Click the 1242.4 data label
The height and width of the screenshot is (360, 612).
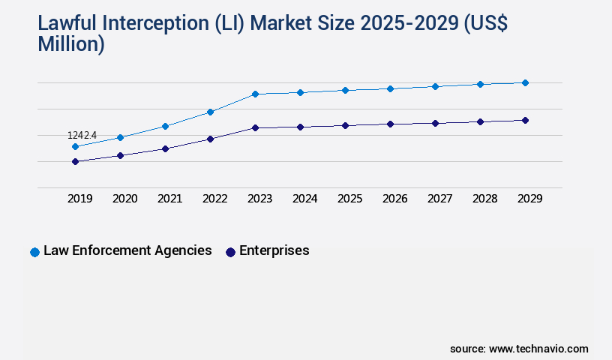point(82,135)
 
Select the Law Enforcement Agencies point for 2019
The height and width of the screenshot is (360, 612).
point(75,147)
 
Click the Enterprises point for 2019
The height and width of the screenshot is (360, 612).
point(75,161)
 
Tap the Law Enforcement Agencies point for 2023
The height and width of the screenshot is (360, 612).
point(255,94)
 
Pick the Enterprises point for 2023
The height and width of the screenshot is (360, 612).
point(255,127)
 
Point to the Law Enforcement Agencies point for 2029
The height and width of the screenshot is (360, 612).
point(525,82)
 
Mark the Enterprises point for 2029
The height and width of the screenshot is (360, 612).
point(525,120)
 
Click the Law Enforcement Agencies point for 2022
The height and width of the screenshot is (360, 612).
point(210,112)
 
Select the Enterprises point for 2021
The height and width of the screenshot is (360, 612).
point(165,148)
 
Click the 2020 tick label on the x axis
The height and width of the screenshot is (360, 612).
point(124,199)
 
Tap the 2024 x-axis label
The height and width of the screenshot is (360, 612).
point(304,199)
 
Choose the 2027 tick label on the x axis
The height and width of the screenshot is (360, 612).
point(439,199)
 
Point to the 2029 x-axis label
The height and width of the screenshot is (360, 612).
point(529,199)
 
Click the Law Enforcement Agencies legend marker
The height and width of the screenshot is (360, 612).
point(34,252)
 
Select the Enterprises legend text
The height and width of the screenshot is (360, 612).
point(274,250)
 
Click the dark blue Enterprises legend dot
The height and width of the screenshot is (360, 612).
point(230,252)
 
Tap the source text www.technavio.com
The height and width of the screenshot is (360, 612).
point(538,349)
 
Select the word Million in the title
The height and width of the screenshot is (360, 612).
point(71,43)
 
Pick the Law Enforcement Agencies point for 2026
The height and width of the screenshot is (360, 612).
point(390,88)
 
